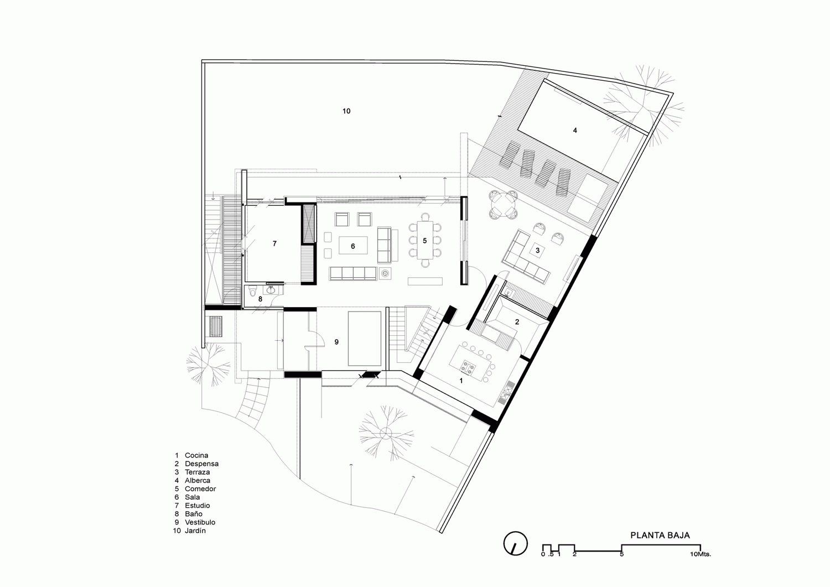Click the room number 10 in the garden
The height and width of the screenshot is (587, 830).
tap(346, 111)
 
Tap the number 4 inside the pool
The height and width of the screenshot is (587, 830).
tap(575, 130)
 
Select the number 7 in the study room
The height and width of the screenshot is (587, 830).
tap(274, 243)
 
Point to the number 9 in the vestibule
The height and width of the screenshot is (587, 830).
tap(336, 342)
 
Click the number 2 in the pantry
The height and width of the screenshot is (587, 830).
tap(517, 322)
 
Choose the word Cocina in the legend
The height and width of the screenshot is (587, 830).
tap(196, 455)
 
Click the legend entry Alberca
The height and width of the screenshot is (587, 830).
tap(198, 480)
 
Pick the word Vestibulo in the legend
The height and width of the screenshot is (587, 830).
tap(200, 522)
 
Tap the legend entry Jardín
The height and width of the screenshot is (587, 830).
tap(195, 531)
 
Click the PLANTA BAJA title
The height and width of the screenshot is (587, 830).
tap(660, 535)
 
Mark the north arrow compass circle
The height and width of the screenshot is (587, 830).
tap(515, 543)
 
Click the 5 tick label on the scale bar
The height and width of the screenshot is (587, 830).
tap(622, 554)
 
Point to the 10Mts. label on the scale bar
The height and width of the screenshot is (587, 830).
tap(701, 554)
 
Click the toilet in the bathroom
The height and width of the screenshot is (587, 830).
tap(253, 291)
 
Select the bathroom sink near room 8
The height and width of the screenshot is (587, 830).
tap(271, 289)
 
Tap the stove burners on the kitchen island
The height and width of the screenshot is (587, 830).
tap(468, 367)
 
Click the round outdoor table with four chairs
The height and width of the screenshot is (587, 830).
tap(504, 204)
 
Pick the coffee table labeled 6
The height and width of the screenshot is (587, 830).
tap(353, 245)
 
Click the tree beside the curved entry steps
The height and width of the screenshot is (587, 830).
tap(207, 365)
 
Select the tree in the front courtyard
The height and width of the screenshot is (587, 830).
tap(386, 433)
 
